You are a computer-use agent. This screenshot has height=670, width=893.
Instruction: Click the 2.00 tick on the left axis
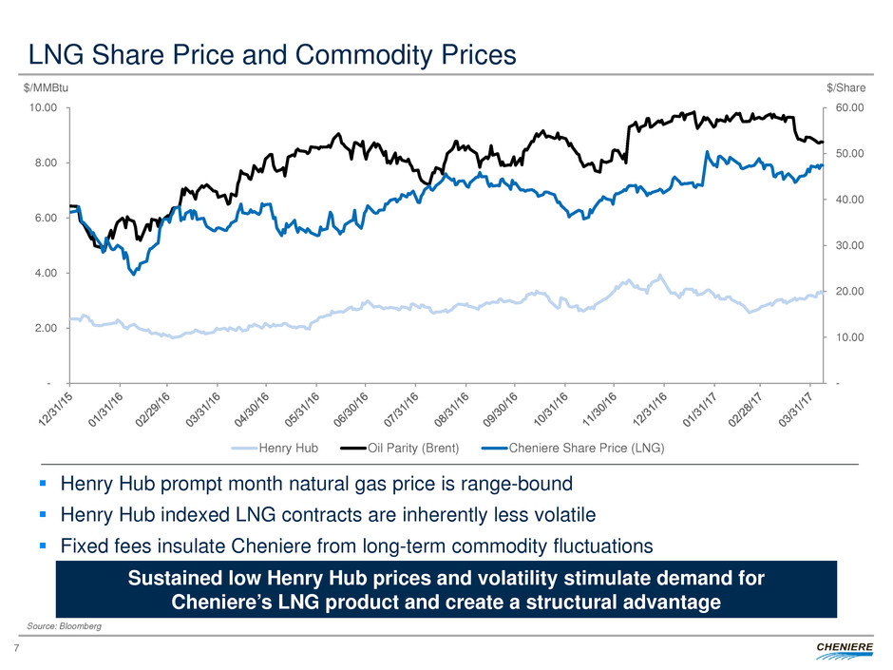coord(46,328)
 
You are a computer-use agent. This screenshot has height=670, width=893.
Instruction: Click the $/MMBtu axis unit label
coord(47,87)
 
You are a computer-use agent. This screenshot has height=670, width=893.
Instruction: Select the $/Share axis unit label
coord(845,87)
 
